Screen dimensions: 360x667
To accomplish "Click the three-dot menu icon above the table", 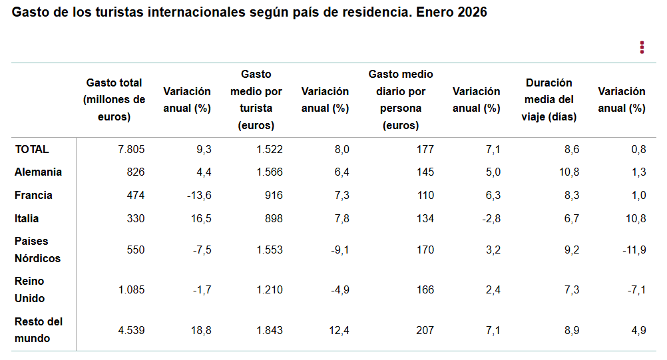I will (x=642, y=47).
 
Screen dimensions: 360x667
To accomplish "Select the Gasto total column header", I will (x=114, y=100).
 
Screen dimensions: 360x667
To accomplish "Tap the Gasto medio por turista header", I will (x=256, y=100).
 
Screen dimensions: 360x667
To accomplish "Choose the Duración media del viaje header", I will (x=549, y=100).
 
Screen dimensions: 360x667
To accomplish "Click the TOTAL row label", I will (x=32, y=149).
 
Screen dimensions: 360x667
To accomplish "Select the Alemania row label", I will (x=38, y=172).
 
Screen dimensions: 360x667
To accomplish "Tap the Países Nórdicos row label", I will (x=37, y=250).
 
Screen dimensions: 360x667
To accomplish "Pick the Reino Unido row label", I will (x=30, y=289).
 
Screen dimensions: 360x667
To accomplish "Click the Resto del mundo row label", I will (x=39, y=329).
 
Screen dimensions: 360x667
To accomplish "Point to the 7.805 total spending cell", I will (x=131, y=149).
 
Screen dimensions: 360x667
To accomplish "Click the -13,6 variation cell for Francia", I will (x=198, y=195).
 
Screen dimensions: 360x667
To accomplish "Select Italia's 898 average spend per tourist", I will (x=273, y=218).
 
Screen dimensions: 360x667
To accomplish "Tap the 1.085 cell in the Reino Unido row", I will (x=131, y=289).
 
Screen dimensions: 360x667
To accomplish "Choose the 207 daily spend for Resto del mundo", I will (x=424, y=329).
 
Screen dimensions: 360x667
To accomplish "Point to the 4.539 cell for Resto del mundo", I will (x=131, y=329).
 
